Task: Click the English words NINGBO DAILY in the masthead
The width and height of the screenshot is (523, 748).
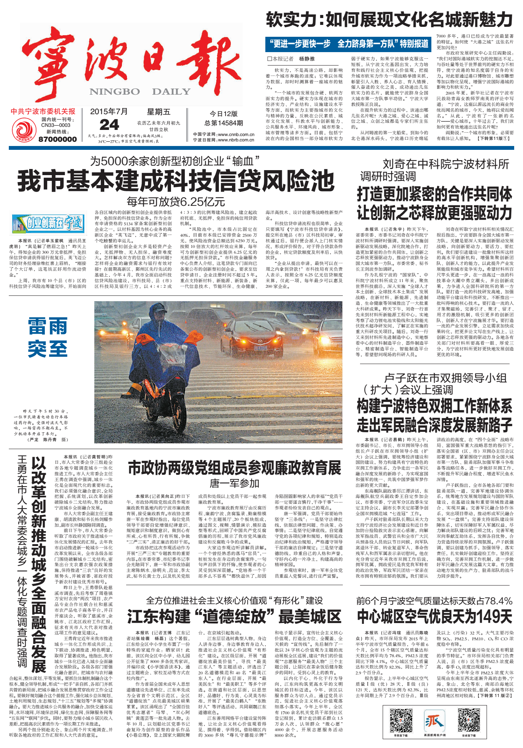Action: pos(140,92)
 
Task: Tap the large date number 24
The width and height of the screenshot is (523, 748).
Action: pos(109,125)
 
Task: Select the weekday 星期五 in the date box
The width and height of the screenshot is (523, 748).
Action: pos(158,112)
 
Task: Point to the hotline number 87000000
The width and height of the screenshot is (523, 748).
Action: pos(58,139)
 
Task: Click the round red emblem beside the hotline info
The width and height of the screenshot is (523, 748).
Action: pos(24,129)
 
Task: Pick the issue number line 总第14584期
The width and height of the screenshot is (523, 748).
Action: pos(224,123)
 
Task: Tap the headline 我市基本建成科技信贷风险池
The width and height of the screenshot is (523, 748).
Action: pos(176,181)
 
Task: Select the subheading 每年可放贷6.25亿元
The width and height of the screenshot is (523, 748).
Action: pos(176,202)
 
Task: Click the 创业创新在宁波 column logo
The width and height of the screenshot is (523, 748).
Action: pos(48,224)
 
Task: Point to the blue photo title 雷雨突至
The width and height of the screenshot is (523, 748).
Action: pos(48,337)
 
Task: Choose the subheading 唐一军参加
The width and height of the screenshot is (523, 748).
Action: pos(234,484)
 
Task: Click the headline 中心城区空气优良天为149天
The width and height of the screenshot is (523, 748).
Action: pos(434,617)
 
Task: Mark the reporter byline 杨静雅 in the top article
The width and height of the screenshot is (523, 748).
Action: pos(307,59)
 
